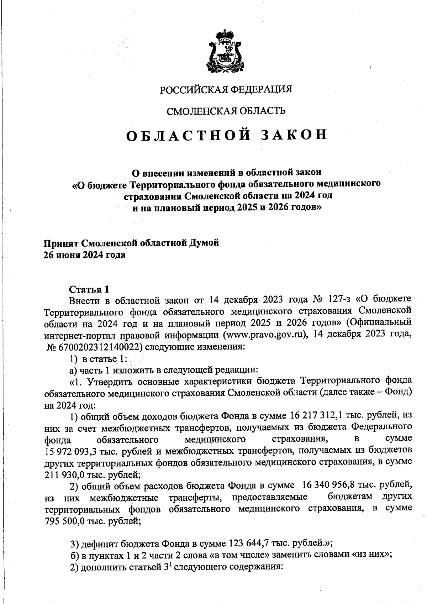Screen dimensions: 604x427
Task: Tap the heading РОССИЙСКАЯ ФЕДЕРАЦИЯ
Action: click(226, 89)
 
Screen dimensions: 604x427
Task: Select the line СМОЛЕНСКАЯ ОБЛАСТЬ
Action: click(226, 111)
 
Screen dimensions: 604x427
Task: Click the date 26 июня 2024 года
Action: click(84, 255)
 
